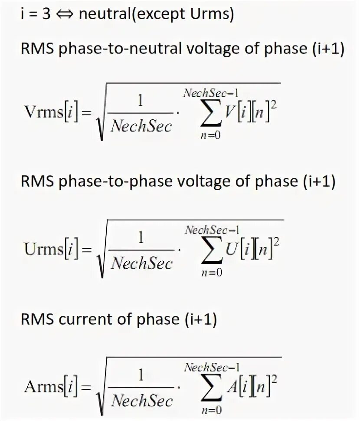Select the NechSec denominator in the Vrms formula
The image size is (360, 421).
click(141, 126)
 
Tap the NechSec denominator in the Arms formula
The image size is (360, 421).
click(142, 399)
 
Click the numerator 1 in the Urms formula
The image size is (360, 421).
click(141, 237)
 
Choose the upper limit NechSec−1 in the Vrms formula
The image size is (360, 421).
click(211, 92)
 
